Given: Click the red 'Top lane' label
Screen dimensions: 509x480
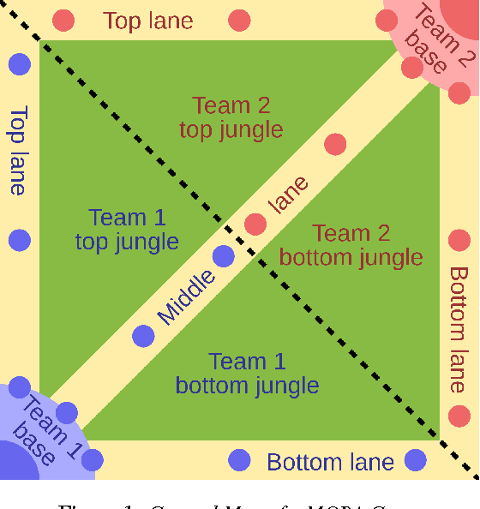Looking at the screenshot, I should pos(147,21).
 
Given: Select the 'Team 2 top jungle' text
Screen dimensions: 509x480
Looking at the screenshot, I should pos(231,117).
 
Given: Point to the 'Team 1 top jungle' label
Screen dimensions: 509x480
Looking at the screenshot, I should pos(127,230).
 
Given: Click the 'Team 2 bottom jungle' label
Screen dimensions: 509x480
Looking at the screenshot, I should pos(351,244).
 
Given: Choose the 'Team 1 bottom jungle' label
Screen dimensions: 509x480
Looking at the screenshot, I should pos(247,374).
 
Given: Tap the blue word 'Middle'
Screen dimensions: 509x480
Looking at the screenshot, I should pos(186,296).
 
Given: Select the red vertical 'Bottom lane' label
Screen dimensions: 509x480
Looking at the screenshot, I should pos(459,330).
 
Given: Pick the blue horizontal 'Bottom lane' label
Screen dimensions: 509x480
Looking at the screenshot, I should pos(330,463).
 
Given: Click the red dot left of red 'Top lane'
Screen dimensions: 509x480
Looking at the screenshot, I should pos(63,19).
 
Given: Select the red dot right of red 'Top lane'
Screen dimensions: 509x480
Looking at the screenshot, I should pos(240,19).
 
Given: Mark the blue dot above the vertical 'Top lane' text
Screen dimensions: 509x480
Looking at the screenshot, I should pos(19,63).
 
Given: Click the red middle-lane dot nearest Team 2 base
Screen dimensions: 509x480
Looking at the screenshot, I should pos(335,144).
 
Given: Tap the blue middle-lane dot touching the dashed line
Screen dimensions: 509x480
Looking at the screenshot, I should pos(223,255).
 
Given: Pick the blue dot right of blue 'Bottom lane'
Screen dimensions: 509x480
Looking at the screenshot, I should pos(416,460).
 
